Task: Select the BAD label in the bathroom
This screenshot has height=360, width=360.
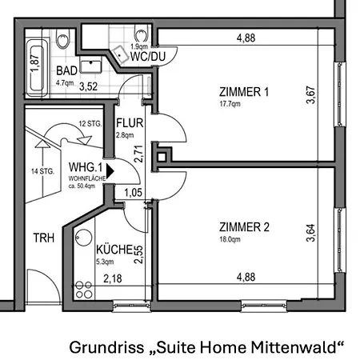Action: [x=67, y=70]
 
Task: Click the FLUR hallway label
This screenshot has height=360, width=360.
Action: [x=129, y=124]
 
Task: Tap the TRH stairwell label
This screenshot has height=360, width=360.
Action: [x=43, y=238]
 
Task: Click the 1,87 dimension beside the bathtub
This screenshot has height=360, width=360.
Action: [x=35, y=58]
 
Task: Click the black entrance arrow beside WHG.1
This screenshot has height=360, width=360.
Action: [x=110, y=170]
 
